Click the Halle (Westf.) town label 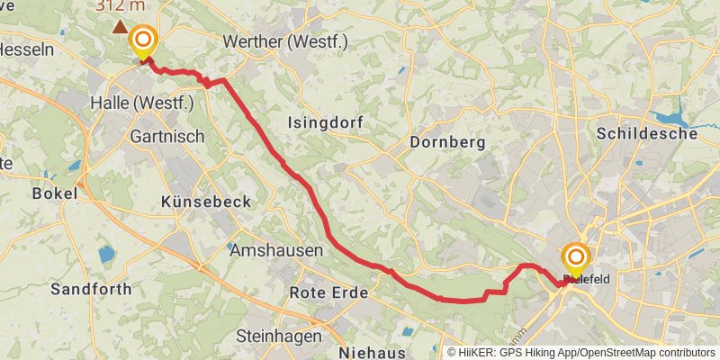[142, 103]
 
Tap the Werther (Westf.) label [284, 41]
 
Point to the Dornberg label [446, 141]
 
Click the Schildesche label [647, 133]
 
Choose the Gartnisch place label [167, 137]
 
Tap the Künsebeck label [205, 202]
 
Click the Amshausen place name [276, 251]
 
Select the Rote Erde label [328, 293]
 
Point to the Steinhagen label [278, 336]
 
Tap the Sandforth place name [91, 289]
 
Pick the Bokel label [55, 193]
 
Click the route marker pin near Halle [142, 41]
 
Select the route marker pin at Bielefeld [575, 260]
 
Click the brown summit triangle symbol [119, 27]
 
